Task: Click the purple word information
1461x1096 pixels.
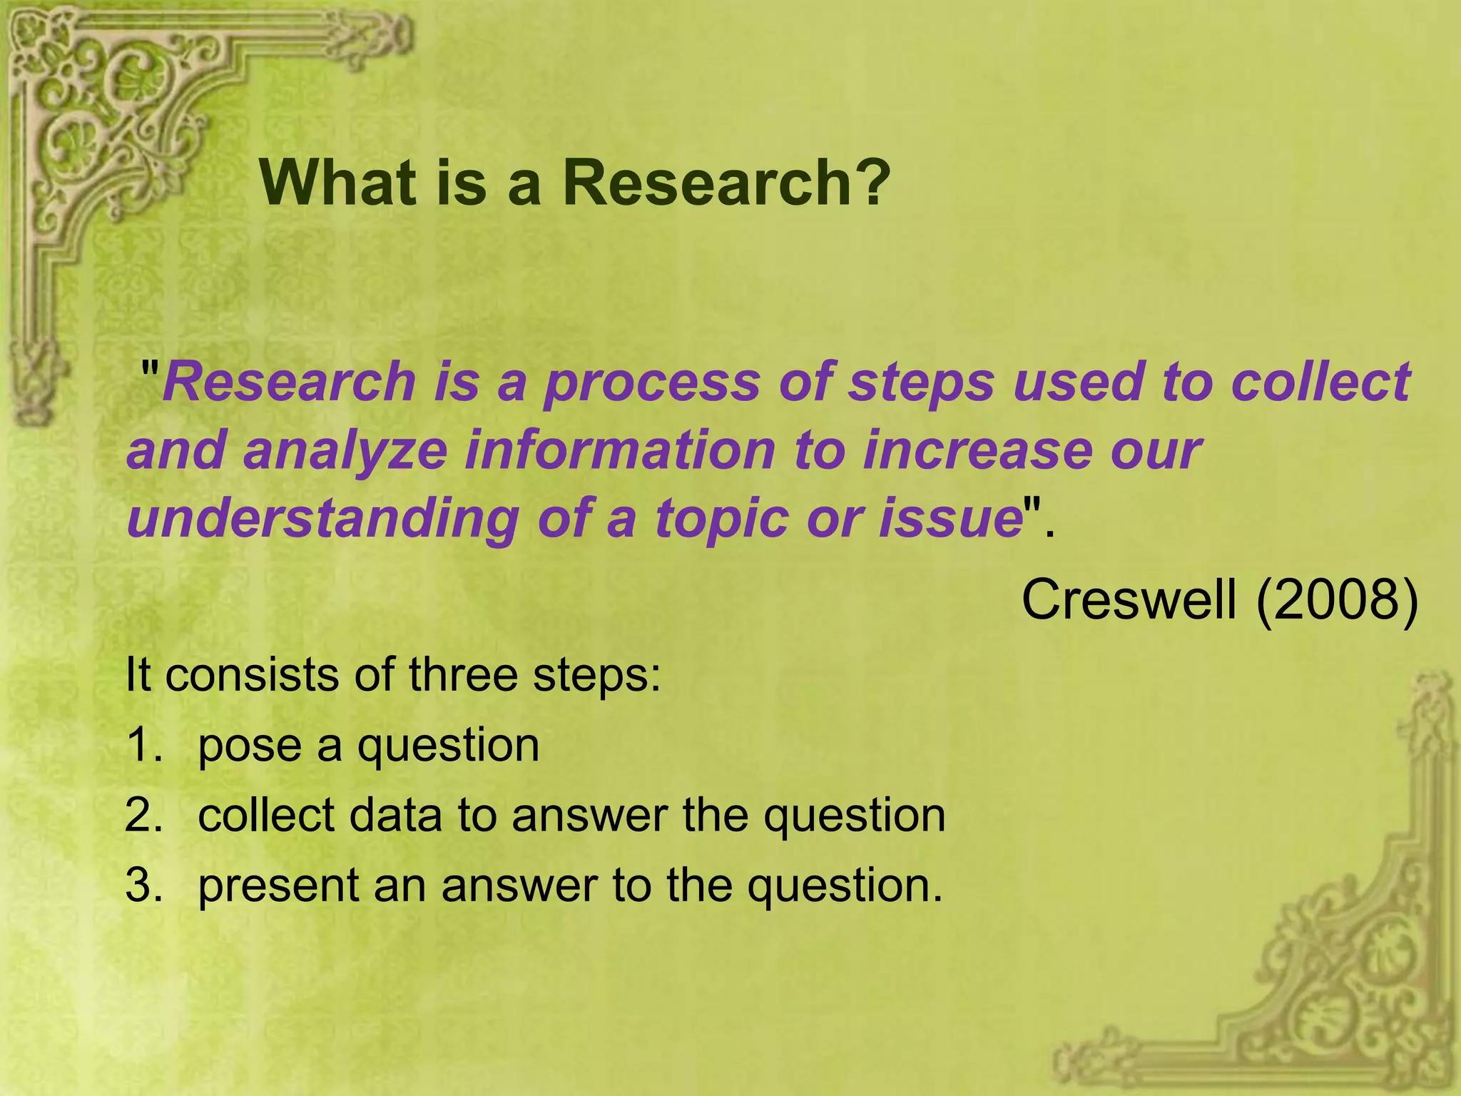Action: pos(620,451)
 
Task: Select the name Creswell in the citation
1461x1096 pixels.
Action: pos(1129,599)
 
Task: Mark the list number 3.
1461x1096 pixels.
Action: pos(143,885)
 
